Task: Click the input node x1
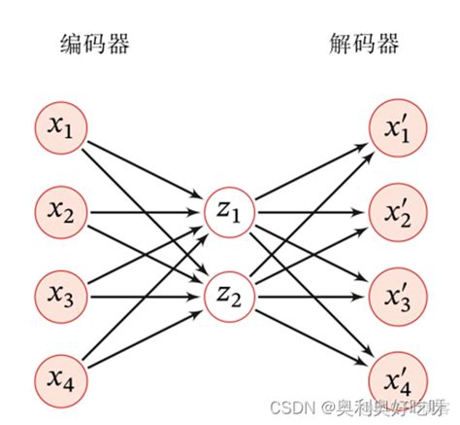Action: pyautogui.click(x=60, y=126)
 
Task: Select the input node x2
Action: pyautogui.click(x=60, y=208)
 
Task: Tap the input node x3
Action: pyautogui.click(x=60, y=291)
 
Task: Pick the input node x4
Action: pyautogui.click(x=60, y=372)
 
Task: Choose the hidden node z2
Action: pyautogui.click(x=228, y=291)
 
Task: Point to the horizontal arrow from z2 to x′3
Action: pyautogui.click(x=311, y=291)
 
